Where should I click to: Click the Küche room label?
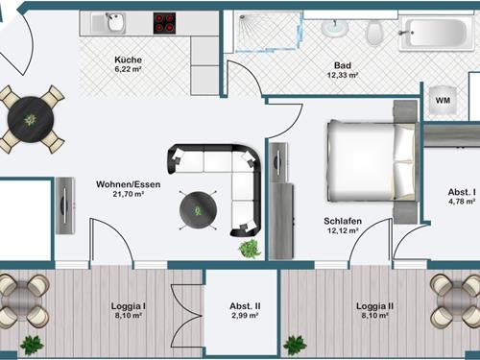pyautogui.click(x=128, y=60)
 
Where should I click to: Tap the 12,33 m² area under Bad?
pyautogui.click(x=343, y=76)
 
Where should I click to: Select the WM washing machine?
pyautogui.click(x=443, y=100)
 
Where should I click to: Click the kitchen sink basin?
pyautogui.click(x=114, y=22)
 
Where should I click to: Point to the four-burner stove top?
pyautogui.click(x=164, y=23)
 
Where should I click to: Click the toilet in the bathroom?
pyautogui.click(x=374, y=33)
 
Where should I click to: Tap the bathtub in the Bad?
pyautogui.click(x=436, y=33)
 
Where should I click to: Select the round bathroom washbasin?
pyautogui.click(x=334, y=28)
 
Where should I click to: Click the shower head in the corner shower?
pyautogui.click(x=244, y=18)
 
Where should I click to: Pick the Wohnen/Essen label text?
pyautogui.click(x=129, y=184)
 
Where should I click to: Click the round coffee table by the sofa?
pyautogui.click(x=198, y=210)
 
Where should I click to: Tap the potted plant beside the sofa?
pyautogui.click(x=250, y=249)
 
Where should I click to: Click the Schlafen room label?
pyautogui.click(x=343, y=221)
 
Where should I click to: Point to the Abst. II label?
pyautogui.click(x=245, y=306)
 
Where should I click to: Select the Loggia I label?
pyautogui.click(x=129, y=306)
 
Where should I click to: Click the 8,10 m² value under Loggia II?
pyautogui.click(x=375, y=316)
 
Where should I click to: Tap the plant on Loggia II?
pyautogui.click(x=295, y=345)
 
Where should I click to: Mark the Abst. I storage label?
pyautogui.click(x=462, y=192)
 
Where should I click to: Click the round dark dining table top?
pyautogui.click(x=31, y=120)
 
